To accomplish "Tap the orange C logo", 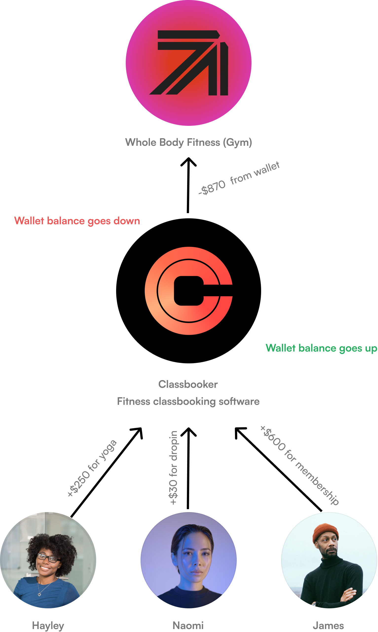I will pos(188,291).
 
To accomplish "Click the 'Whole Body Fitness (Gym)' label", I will pos(188,144).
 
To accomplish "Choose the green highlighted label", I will pos(321,353).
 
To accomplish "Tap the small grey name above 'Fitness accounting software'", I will pos(187,384).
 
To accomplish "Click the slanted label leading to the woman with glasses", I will pos(93,468).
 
